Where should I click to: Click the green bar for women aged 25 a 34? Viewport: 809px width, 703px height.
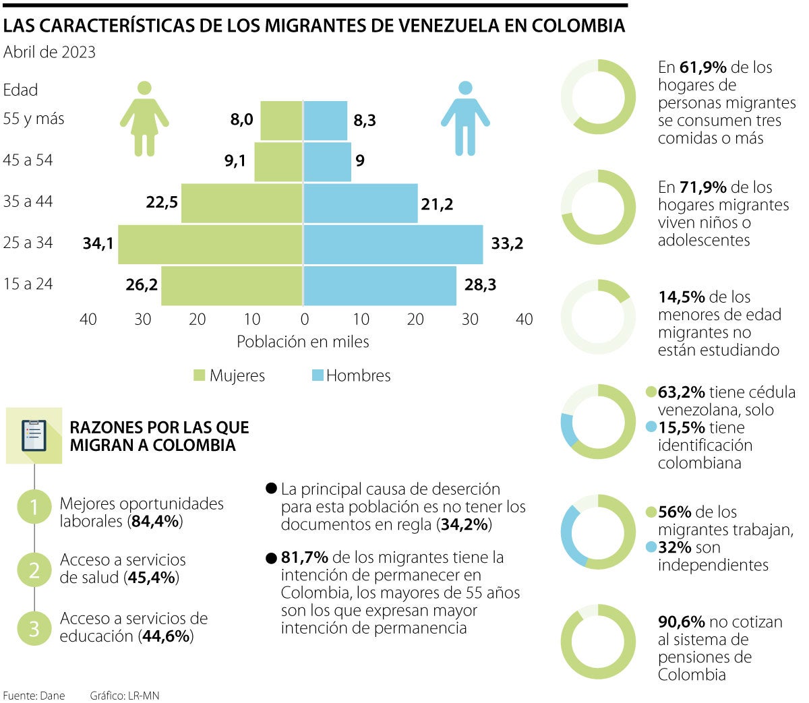pos(210,244)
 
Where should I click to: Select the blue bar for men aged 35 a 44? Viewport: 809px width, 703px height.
pos(361,203)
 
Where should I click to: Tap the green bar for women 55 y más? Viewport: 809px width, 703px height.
pos(281,121)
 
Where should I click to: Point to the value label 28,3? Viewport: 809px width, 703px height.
pos(480,285)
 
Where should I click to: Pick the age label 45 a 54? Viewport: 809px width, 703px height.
pos(28,160)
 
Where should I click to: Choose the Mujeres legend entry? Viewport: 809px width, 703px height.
pos(229,376)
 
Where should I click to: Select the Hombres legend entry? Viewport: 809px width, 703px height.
pos(351,376)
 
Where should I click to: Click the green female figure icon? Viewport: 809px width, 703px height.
pos(144,118)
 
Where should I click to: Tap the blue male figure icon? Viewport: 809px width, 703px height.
pos(465,118)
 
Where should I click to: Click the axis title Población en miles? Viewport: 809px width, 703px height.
pos(303,342)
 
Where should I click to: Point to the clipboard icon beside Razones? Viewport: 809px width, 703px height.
pos(34,435)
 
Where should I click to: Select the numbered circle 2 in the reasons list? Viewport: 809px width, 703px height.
pos(34,570)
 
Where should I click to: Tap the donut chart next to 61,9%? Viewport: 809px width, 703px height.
pos(598,97)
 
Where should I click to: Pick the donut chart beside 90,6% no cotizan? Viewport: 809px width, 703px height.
pos(598,641)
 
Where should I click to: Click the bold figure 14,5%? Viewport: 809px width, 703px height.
pos(681,297)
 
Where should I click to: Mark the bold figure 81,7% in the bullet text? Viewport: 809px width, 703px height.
pos(305,557)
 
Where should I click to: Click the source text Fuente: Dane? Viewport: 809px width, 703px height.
pos(34,696)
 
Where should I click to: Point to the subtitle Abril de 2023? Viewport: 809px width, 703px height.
pos(49,52)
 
